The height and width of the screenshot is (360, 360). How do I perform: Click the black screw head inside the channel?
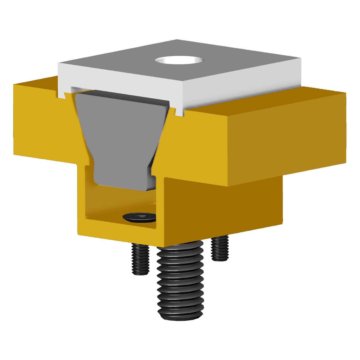139,217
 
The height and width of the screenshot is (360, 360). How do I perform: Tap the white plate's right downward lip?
178,112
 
